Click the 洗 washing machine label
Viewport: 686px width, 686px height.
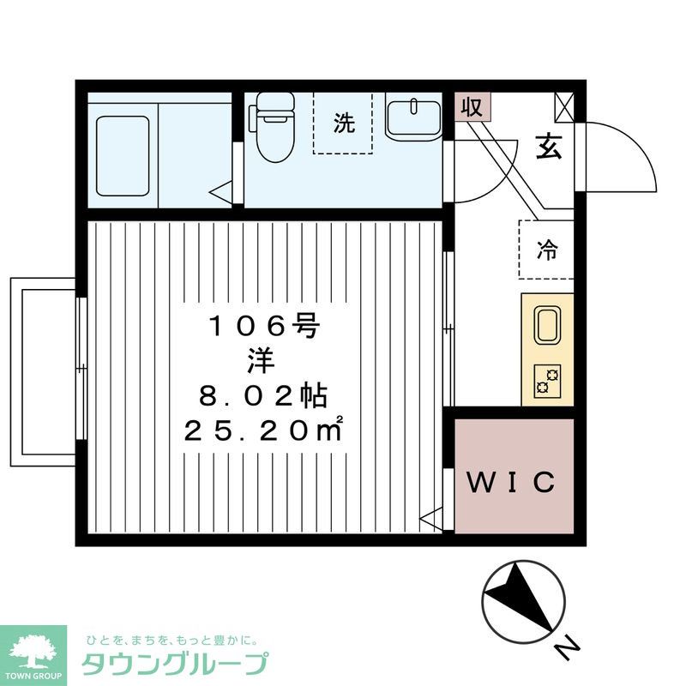click(x=343, y=123)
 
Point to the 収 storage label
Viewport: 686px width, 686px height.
click(x=471, y=108)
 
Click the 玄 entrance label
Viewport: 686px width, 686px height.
click(x=549, y=147)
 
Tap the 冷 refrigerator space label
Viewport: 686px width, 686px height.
click(x=546, y=250)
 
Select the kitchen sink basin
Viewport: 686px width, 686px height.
click(x=548, y=325)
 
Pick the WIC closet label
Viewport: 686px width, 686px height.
click(x=512, y=482)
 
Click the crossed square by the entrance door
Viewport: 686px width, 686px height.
click(x=565, y=107)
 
